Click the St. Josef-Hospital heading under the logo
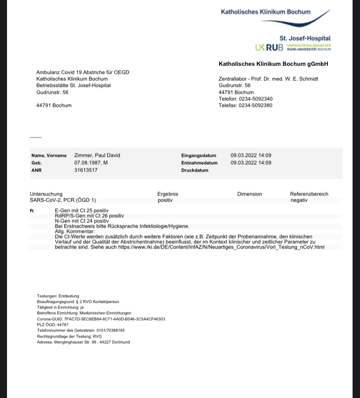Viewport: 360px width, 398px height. coord(305,38)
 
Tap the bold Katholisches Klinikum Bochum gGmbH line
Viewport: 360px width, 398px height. coord(273,64)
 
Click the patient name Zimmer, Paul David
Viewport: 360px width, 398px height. coord(97,155)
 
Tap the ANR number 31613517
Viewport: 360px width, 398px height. coord(86,170)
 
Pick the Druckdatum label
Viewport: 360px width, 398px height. coord(195,170)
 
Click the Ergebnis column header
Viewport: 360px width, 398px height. coord(168,194)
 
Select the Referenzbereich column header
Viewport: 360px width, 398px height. coord(309,194)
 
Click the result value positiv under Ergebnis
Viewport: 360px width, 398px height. coord(165,200)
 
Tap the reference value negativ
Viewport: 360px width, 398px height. coord(299,200)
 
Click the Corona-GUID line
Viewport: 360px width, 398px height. coord(101,319)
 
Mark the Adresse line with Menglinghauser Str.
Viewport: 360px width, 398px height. coord(83,342)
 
